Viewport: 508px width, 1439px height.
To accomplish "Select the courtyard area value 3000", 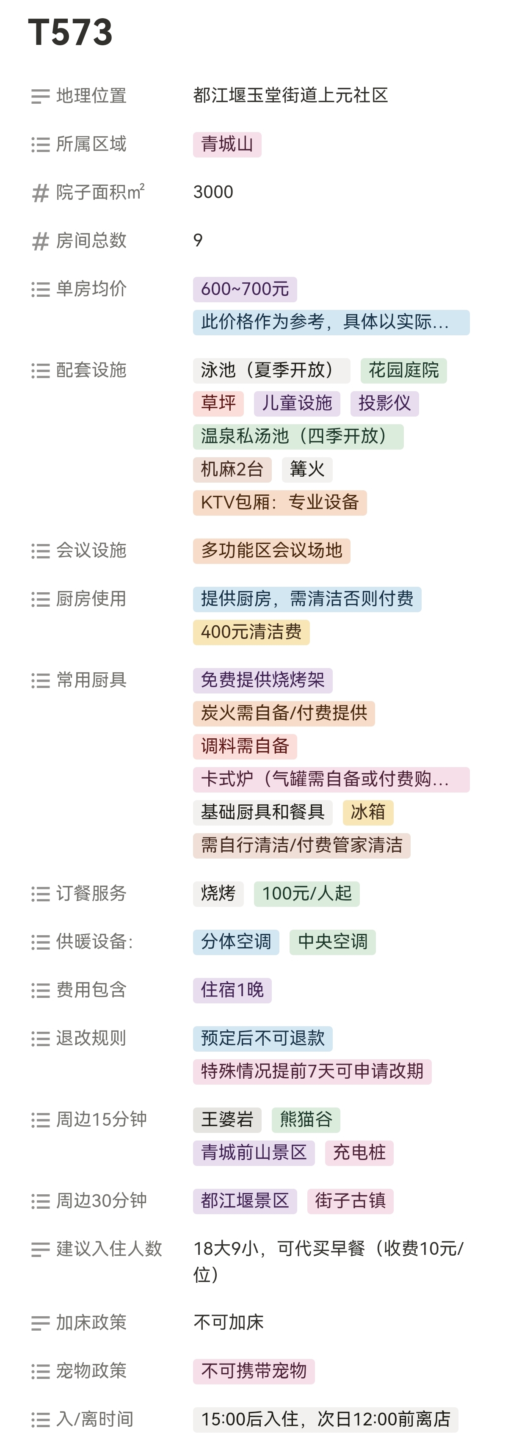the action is click(213, 192).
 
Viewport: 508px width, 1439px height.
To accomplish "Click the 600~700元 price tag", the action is click(245, 289).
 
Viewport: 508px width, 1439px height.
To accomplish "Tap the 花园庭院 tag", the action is click(403, 370).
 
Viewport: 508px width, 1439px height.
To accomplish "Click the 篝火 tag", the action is click(307, 469).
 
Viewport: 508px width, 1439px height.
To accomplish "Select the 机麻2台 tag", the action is click(232, 469).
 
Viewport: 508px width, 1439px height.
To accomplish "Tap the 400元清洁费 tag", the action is click(251, 632).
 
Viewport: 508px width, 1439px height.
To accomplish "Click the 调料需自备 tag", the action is click(245, 746).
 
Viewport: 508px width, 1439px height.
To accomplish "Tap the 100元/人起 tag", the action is click(306, 893).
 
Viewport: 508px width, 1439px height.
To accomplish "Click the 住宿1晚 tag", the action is click(232, 990).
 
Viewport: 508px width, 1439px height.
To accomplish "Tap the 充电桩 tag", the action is click(359, 1152).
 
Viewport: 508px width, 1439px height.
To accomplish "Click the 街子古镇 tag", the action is click(350, 1201).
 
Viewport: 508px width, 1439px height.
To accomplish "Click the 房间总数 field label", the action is click(91, 241).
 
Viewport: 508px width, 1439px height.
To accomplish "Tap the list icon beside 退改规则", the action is click(40, 1039).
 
